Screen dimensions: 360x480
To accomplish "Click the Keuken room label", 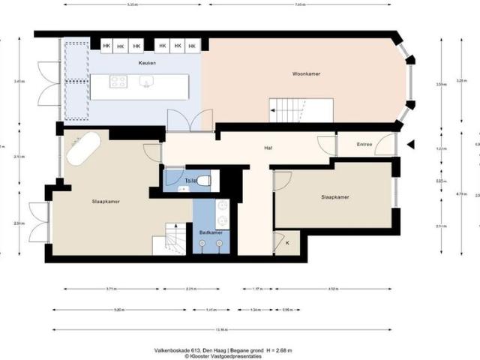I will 147,63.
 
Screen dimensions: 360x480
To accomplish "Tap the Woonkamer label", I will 307,73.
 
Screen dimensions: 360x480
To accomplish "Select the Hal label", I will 268,148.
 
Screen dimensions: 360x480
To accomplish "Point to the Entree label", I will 364,144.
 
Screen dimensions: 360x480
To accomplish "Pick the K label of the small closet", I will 286,244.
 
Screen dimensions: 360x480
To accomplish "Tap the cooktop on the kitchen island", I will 118,82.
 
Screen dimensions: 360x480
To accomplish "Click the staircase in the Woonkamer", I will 301,111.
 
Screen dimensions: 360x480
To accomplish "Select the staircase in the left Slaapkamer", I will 169,241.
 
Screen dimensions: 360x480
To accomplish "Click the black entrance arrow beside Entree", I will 409,144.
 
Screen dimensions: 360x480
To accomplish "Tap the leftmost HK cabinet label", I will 106,46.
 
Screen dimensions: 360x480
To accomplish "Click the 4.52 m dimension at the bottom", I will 331,289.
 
